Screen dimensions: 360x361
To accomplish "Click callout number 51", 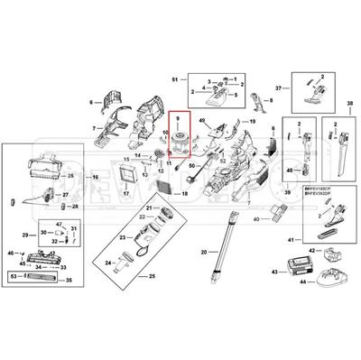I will tap(175, 80).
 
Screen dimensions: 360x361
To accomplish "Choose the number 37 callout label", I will tap(279, 88).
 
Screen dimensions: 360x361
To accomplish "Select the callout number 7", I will tap(96, 129).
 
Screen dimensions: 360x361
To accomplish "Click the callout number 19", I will tap(253, 121).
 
